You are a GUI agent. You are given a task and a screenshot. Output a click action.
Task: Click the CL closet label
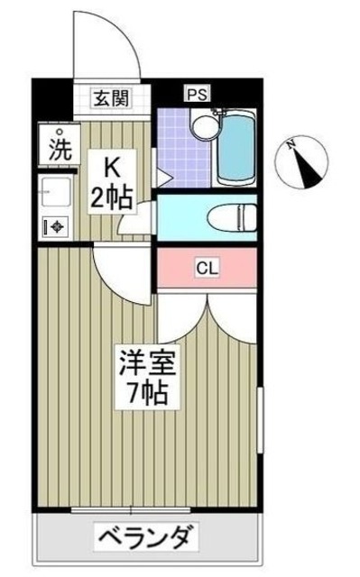pyautogui.click(x=208, y=267)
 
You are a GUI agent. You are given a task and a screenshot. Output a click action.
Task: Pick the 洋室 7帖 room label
pyautogui.click(x=150, y=378)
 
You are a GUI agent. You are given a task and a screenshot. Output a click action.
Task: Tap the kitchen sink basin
pyautogui.click(x=55, y=193)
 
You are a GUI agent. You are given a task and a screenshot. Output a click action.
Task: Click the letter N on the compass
pyautogui.click(x=291, y=143)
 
